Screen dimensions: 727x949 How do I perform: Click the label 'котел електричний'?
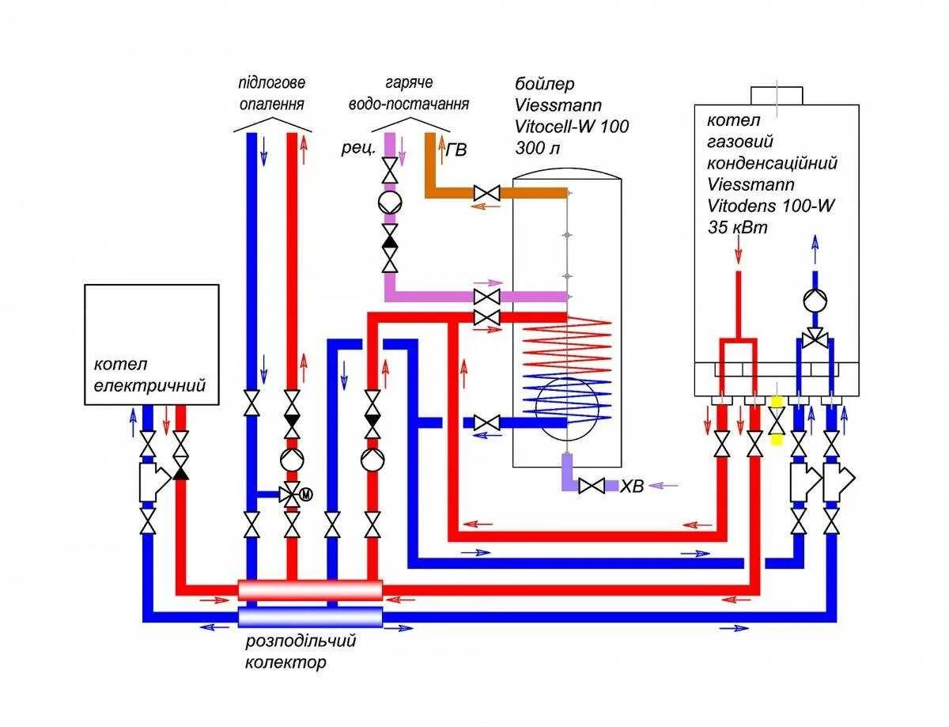[x=150, y=375]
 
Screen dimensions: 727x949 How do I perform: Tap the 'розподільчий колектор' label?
[x=300, y=651]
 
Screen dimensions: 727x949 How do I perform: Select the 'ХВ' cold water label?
[x=632, y=487]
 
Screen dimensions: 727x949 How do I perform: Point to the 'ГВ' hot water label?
[x=456, y=150]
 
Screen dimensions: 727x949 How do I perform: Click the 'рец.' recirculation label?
[x=357, y=149]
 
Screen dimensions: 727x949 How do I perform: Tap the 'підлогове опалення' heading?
[x=271, y=93]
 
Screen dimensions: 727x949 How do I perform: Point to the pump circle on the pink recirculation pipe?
[x=389, y=203]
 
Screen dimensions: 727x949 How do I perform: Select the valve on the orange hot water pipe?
[x=486, y=192]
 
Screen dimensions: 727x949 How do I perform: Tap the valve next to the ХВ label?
[x=592, y=486]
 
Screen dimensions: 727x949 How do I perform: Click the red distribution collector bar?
[x=310, y=589]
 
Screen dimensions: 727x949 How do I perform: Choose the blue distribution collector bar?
[x=310, y=617]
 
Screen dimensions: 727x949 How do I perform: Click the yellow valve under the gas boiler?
[x=777, y=420]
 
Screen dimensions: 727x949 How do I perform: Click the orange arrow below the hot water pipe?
[x=486, y=207]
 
